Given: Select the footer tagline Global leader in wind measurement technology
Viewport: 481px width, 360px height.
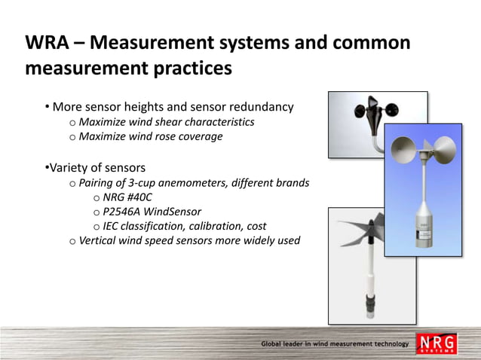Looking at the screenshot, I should click(x=335, y=344).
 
